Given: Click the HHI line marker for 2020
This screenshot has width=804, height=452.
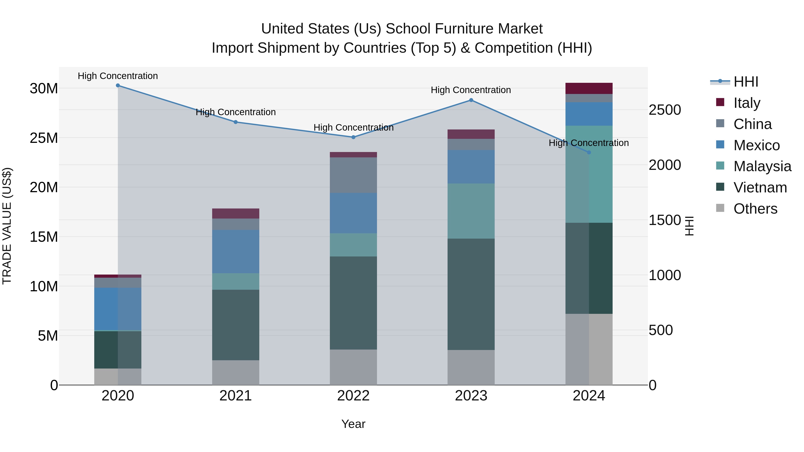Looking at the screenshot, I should point(118,85).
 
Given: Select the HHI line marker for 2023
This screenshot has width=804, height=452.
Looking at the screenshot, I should point(471,100).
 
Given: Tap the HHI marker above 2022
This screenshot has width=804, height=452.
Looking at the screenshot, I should point(353,137).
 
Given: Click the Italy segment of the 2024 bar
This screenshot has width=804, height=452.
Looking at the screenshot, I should point(589,88).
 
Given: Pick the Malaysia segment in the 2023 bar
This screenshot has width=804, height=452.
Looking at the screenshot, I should point(471,211).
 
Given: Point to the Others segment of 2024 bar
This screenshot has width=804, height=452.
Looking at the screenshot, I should point(589,349).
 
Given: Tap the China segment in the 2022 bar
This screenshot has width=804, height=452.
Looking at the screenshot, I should point(353,175).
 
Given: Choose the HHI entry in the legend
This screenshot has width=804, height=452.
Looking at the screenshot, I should point(746,82).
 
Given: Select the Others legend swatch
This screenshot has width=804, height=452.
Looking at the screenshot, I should point(720,208).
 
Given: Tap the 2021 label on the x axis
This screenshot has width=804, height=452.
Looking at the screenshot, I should point(236,396).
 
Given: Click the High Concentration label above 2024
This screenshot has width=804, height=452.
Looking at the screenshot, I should point(589,143).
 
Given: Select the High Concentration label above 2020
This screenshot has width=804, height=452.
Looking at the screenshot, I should point(118,76).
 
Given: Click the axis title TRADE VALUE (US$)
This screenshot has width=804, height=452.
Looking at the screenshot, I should point(7,226).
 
